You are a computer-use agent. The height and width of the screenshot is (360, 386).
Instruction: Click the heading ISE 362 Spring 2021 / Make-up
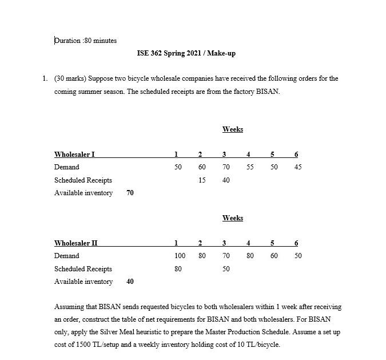click(186, 53)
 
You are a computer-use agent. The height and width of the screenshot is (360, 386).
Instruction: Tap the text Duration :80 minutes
click(85, 41)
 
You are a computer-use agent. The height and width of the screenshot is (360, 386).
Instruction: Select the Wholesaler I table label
click(74, 154)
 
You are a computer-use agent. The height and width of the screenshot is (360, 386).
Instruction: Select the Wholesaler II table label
click(75, 243)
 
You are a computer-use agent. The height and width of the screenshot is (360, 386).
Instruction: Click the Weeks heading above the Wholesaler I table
click(232, 129)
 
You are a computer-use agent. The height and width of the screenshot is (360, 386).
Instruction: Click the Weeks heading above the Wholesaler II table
click(232, 218)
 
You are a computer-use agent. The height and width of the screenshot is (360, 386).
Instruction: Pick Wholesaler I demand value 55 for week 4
click(250, 167)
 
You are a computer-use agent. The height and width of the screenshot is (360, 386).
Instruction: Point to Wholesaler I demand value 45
click(297, 167)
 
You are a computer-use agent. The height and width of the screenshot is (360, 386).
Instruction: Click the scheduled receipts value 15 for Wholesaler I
click(202, 180)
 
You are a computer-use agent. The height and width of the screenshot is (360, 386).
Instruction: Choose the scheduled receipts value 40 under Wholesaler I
click(226, 180)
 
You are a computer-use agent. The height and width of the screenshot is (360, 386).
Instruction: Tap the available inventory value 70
click(130, 193)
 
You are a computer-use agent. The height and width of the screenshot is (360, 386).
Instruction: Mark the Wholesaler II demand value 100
click(180, 256)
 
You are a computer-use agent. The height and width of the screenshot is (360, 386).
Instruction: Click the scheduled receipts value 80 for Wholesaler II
click(178, 269)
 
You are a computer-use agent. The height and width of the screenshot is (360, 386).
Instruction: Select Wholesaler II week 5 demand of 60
click(274, 256)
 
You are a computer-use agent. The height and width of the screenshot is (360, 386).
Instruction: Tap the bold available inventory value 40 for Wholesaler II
click(130, 282)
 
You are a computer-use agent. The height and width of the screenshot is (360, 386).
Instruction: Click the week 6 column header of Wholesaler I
click(296, 154)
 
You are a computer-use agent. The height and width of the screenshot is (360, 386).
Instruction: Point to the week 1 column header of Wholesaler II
click(176, 243)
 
